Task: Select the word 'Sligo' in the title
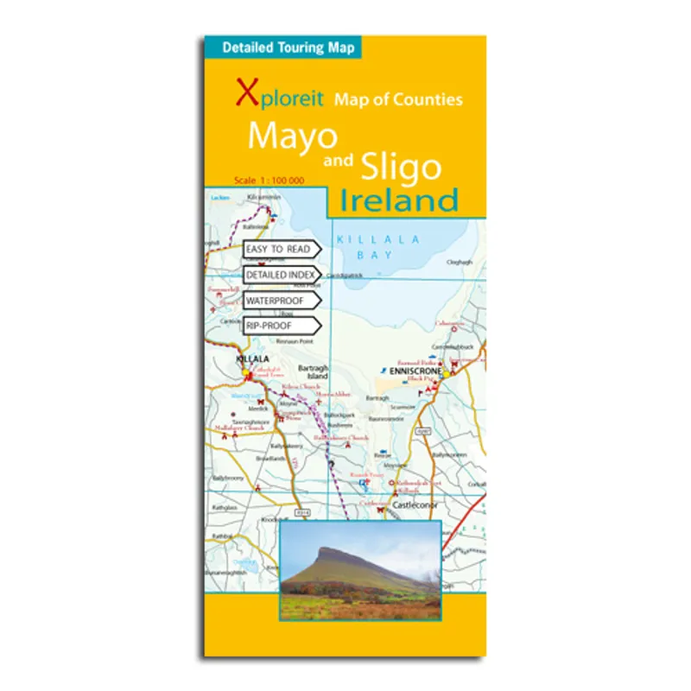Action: pos(400,166)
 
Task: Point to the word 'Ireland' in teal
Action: pos(398,200)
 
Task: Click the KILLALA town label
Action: pos(254,358)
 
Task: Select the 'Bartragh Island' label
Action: pos(314,372)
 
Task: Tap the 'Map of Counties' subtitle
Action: pos(398,99)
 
